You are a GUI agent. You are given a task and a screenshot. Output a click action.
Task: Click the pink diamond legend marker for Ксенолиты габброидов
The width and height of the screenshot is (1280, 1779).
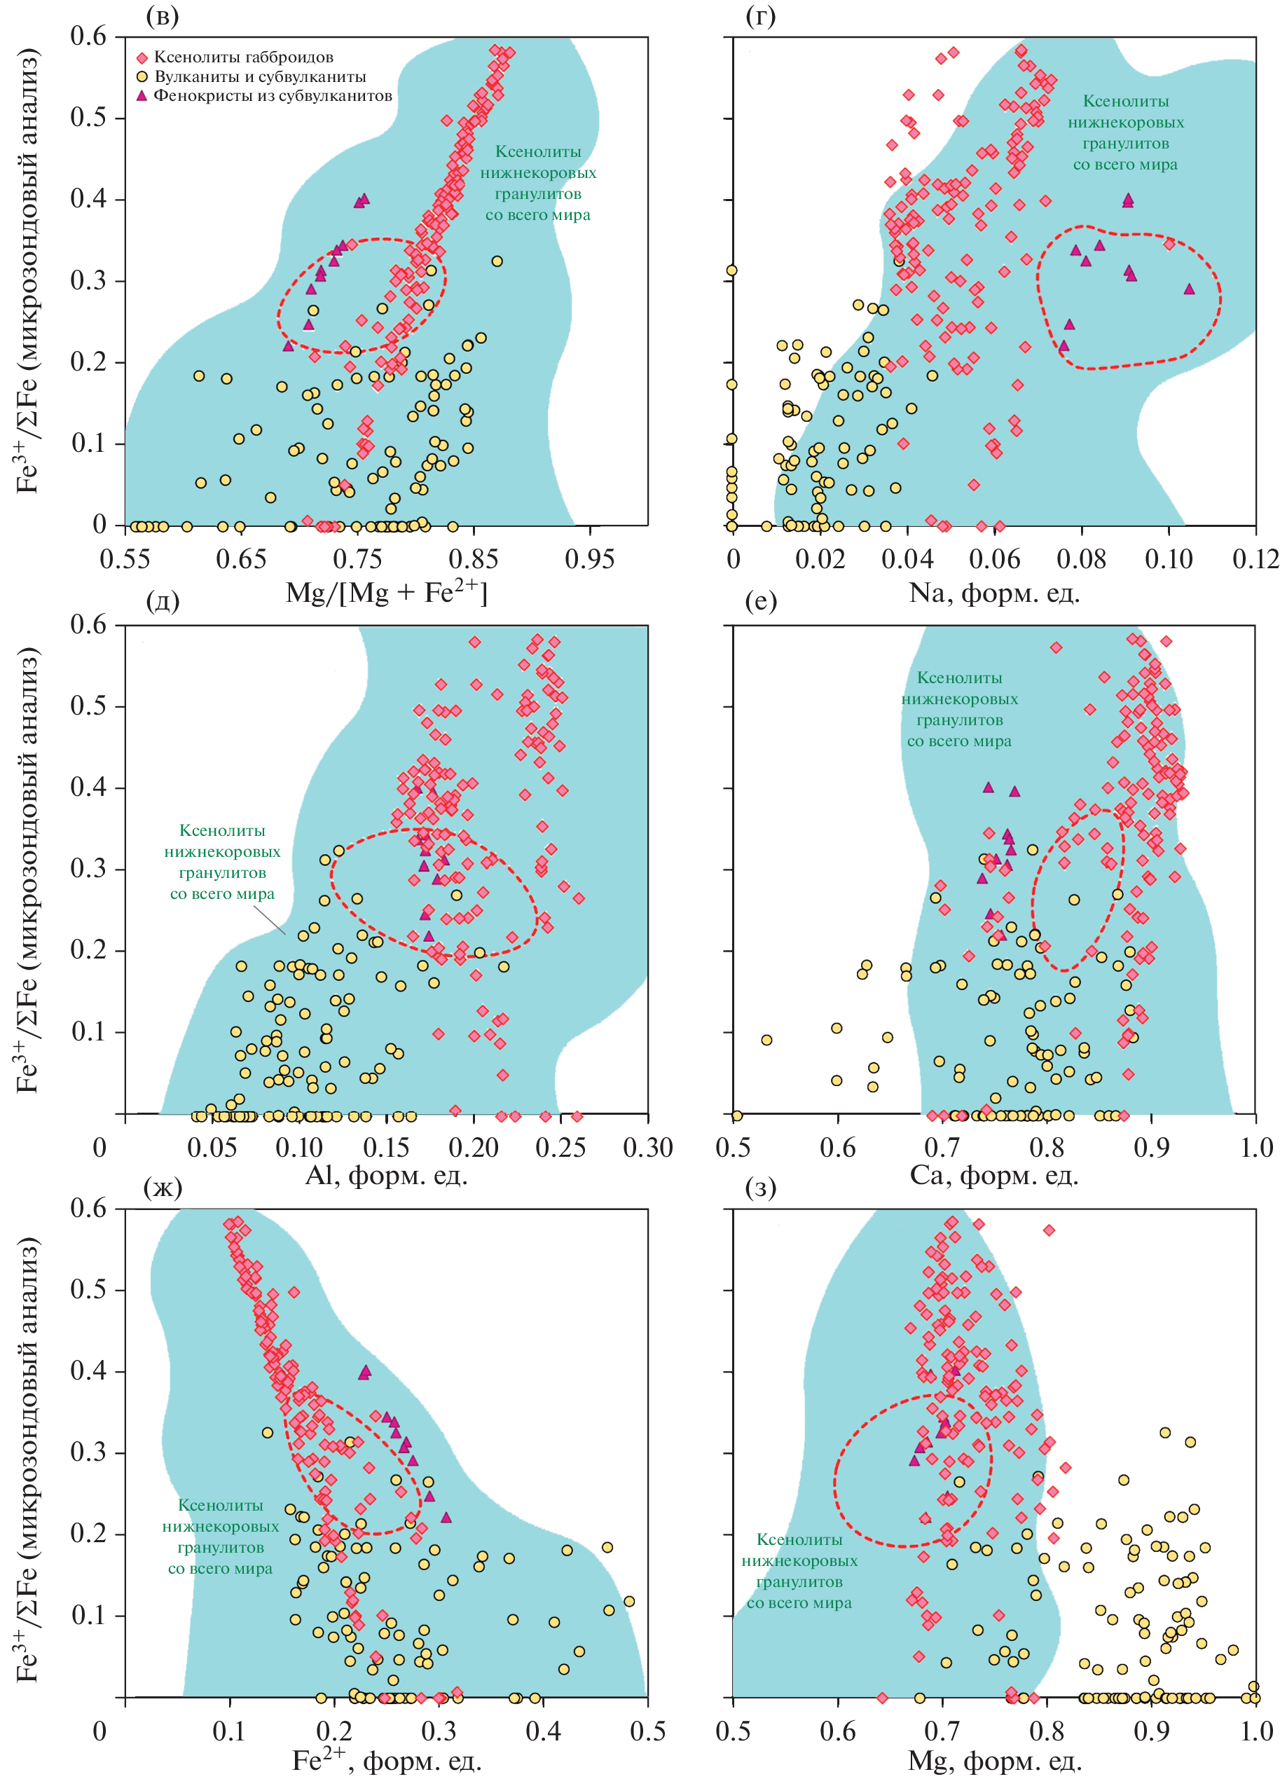pyautogui.click(x=142, y=58)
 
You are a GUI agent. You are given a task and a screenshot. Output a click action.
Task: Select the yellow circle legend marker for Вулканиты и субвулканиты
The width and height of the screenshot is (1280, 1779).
pyautogui.click(x=142, y=77)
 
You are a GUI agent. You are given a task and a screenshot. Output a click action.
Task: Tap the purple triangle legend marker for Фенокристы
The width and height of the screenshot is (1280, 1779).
pyautogui.click(x=142, y=96)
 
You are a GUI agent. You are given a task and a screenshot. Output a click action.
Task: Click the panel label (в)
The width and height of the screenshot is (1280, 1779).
pyautogui.click(x=163, y=15)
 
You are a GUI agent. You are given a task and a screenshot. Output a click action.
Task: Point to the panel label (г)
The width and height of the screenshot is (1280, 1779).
pyautogui.click(x=760, y=15)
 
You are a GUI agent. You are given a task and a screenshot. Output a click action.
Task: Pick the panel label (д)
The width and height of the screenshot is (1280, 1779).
pyautogui.click(x=163, y=601)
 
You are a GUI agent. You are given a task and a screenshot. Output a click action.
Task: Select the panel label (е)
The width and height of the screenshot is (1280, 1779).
pyautogui.click(x=760, y=601)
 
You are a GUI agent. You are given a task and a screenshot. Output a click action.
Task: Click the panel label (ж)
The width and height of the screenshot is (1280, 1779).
pyautogui.click(x=163, y=1188)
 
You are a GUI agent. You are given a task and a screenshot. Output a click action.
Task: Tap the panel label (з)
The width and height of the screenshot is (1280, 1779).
pyautogui.click(x=760, y=1188)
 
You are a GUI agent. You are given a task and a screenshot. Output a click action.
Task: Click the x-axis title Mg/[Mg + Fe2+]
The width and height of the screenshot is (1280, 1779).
pyautogui.click(x=386, y=592)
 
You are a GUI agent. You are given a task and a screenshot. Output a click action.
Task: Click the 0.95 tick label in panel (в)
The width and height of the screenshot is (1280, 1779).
pyautogui.click(x=589, y=559)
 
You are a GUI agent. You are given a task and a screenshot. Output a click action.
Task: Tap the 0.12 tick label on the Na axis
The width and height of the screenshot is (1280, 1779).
pyautogui.click(x=1255, y=559)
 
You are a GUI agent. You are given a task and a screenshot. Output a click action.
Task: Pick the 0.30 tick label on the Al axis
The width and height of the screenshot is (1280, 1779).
pyautogui.click(x=647, y=1148)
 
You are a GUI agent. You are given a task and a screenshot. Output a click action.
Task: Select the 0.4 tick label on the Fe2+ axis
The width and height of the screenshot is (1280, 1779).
pyautogui.click(x=544, y=1731)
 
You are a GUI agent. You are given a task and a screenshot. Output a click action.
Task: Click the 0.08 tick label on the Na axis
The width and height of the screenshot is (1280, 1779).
pyautogui.click(x=1081, y=559)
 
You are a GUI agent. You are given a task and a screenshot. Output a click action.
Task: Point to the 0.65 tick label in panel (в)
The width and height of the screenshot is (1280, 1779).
pyautogui.click(x=241, y=559)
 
